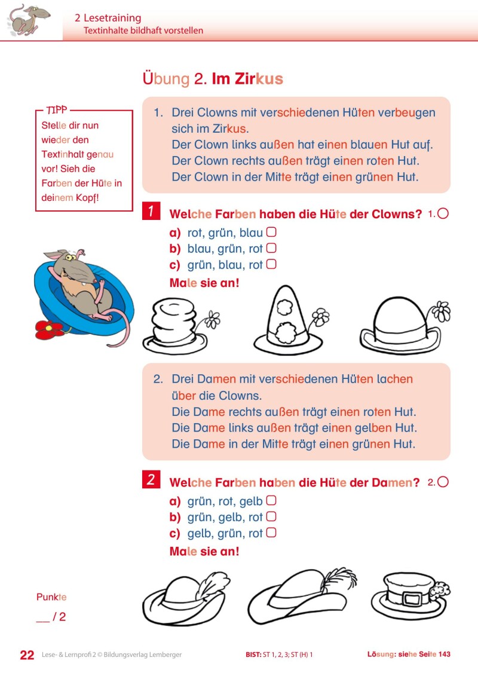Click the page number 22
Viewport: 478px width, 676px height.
point(27,655)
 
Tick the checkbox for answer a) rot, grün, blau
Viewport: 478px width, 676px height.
point(271,233)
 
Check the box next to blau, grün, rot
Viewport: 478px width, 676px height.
point(271,249)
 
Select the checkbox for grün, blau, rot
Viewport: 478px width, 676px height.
point(271,264)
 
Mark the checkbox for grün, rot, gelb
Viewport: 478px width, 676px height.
point(271,501)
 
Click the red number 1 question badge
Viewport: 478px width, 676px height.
point(151,212)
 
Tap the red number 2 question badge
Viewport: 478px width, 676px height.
point(151,480)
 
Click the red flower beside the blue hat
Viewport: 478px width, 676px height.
point(49,328)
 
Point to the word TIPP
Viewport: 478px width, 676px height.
point(57,111)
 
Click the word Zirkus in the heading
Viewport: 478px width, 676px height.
point(258,79)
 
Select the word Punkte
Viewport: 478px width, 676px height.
point(51,597)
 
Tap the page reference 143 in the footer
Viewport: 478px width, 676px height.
point(444,655)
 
